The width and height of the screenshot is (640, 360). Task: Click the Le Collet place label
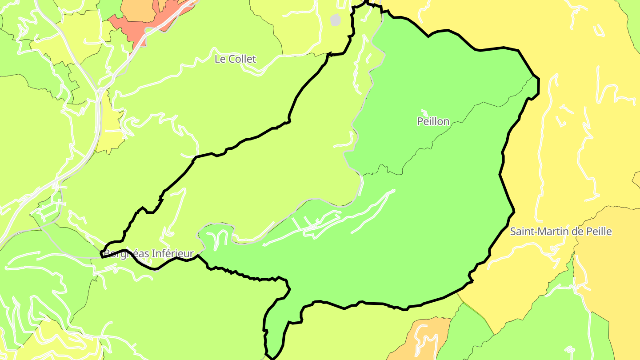point(235,59)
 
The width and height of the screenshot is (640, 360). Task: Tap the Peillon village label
point(433,121)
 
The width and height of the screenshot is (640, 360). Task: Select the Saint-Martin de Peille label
point(561,232)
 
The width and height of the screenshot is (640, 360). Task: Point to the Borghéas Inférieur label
point(149,254)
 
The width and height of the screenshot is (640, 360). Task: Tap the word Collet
point(243,59)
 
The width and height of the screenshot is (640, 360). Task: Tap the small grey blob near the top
point(336,20)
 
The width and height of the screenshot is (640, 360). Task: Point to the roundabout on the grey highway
point(101,91)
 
